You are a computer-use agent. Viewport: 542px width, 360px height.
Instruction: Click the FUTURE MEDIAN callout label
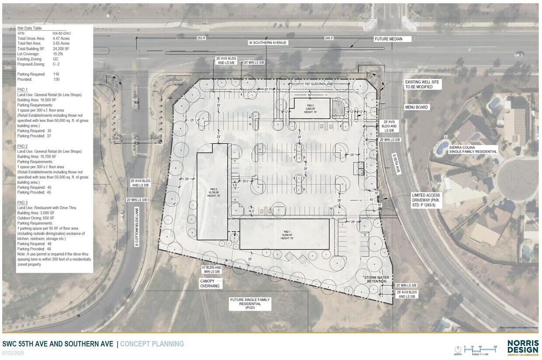point(387,39)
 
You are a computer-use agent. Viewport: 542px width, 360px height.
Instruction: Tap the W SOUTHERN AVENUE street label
point(268,42)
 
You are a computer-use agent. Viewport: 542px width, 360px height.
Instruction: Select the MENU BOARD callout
point(416,107)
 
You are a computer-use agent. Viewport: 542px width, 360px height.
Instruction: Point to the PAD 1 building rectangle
point(284,234)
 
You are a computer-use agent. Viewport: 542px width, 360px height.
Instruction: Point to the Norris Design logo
point(523,348)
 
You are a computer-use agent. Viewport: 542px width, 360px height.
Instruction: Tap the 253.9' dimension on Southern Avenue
point(202,38)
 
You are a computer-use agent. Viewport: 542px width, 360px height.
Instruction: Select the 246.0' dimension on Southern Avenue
point(329,38)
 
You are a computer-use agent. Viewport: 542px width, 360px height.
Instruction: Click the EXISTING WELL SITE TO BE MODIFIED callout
point(422,84)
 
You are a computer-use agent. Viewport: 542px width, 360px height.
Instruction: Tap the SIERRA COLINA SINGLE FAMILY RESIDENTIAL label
point(473,149)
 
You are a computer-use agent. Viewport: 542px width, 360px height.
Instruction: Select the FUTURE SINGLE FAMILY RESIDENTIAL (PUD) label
point(250,303)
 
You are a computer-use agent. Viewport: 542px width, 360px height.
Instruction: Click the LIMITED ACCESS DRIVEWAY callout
point(426,200)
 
